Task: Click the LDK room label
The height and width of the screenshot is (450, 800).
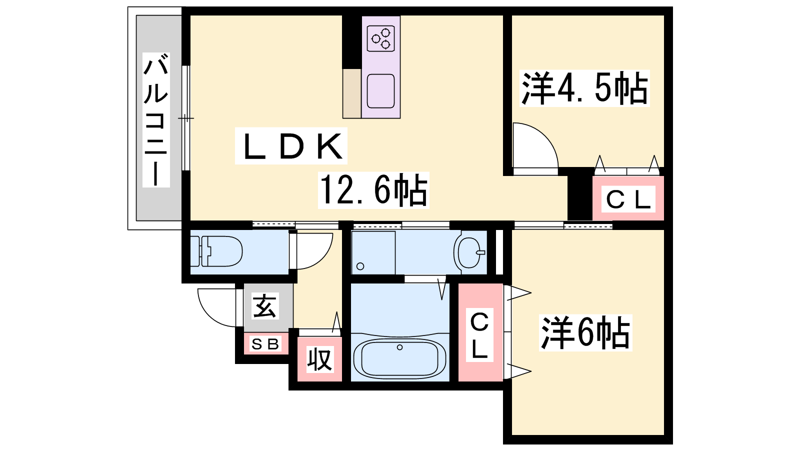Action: tap(291, 146)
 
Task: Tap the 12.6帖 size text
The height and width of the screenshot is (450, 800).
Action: tap(373, 190)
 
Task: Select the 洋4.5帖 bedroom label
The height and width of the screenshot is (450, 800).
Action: tap(584, 88)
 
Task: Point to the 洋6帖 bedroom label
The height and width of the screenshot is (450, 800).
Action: tap(585, 332)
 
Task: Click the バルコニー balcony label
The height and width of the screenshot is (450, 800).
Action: tap(156, 120)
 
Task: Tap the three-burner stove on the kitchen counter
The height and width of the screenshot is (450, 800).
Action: tap(380, 38)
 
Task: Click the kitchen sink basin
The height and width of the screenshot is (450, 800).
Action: tap(380, 91)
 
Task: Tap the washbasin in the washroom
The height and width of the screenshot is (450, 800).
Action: tap(469, 252)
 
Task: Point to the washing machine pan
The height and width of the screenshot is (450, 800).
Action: tap(373, 252)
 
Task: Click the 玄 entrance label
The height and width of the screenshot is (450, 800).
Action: tap(264, 305)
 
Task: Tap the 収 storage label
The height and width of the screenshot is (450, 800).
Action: tap(320, 360)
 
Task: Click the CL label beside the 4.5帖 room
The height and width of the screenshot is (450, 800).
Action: tap(628, 199)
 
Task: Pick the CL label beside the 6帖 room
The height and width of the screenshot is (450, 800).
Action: tap(479, 335)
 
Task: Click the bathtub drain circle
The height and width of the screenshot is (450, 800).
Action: tap(399, 347)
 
